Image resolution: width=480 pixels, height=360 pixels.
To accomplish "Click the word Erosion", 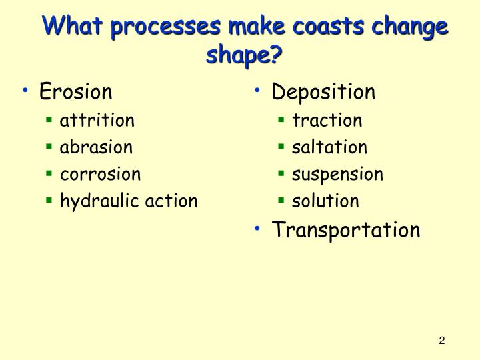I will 76,91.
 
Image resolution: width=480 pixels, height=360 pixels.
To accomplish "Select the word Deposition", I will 323,91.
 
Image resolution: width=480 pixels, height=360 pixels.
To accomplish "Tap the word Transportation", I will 346,230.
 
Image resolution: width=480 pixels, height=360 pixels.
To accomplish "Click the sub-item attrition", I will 97,121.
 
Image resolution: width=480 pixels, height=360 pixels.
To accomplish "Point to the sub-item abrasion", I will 96,147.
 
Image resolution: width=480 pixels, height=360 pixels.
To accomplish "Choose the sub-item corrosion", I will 101,174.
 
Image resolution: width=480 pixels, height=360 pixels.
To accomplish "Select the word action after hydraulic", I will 171,201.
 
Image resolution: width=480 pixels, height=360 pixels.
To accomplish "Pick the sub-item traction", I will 327,121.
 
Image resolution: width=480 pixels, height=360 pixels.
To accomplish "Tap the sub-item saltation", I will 329,147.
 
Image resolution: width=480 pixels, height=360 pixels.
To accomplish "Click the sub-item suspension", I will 337,175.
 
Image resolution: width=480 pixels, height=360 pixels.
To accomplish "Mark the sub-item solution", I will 325,201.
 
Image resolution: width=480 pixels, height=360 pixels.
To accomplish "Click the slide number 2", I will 441,341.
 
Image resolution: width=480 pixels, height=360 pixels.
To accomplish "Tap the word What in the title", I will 73,27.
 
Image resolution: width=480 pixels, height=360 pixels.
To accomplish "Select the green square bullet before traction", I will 281,121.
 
